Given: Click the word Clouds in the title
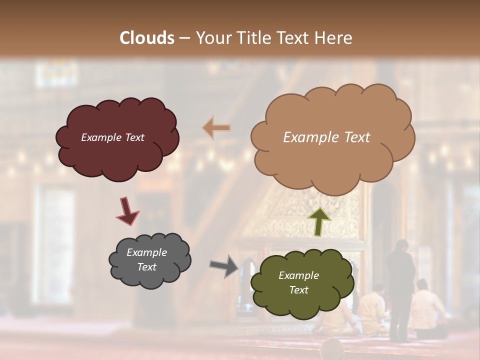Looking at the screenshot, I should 147,37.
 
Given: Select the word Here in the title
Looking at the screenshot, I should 333,37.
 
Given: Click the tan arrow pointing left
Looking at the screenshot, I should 216,128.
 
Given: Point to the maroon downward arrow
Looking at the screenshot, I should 127,210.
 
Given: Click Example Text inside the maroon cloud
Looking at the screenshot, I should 112,137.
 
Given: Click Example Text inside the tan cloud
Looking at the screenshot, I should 326,137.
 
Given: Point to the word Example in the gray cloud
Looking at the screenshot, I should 146,252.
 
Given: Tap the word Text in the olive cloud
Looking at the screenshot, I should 298,290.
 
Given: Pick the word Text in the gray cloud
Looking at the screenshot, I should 146,267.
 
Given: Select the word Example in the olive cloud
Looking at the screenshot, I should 298,275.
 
